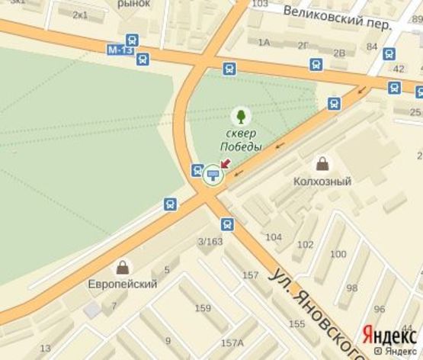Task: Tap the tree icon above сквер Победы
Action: (x=242, y=116)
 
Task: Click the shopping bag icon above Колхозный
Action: (x=322, y=164)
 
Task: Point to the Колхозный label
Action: (x=322, y=182)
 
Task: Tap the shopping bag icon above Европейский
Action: (x=121, y=267)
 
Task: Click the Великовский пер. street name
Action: (x=335, y=18)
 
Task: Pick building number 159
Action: (x=202, y=308)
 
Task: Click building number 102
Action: (x=305, y=245)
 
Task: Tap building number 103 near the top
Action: (x=259, y=4)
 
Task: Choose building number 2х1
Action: (x=79, y=14)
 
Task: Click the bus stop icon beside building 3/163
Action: (x=227, y=223)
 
